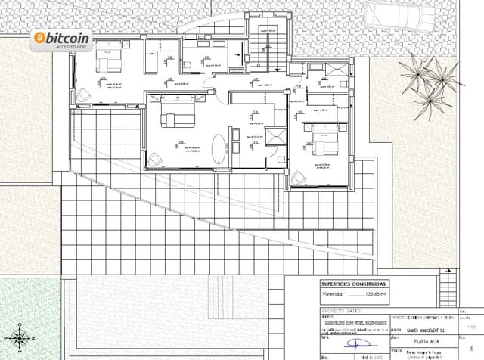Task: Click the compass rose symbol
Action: [x=19, y=337]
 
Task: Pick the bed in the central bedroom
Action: [x=168, y=117]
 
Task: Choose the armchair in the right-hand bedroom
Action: [x=302, y=175]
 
